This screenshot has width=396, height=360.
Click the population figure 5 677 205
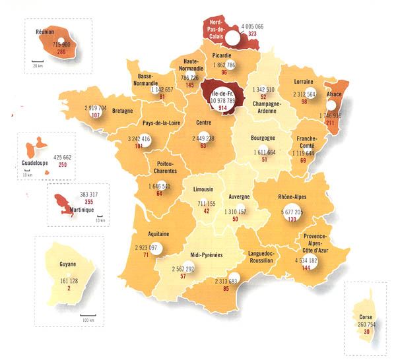point(287,212)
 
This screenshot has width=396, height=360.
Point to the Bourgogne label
point(262,138)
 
